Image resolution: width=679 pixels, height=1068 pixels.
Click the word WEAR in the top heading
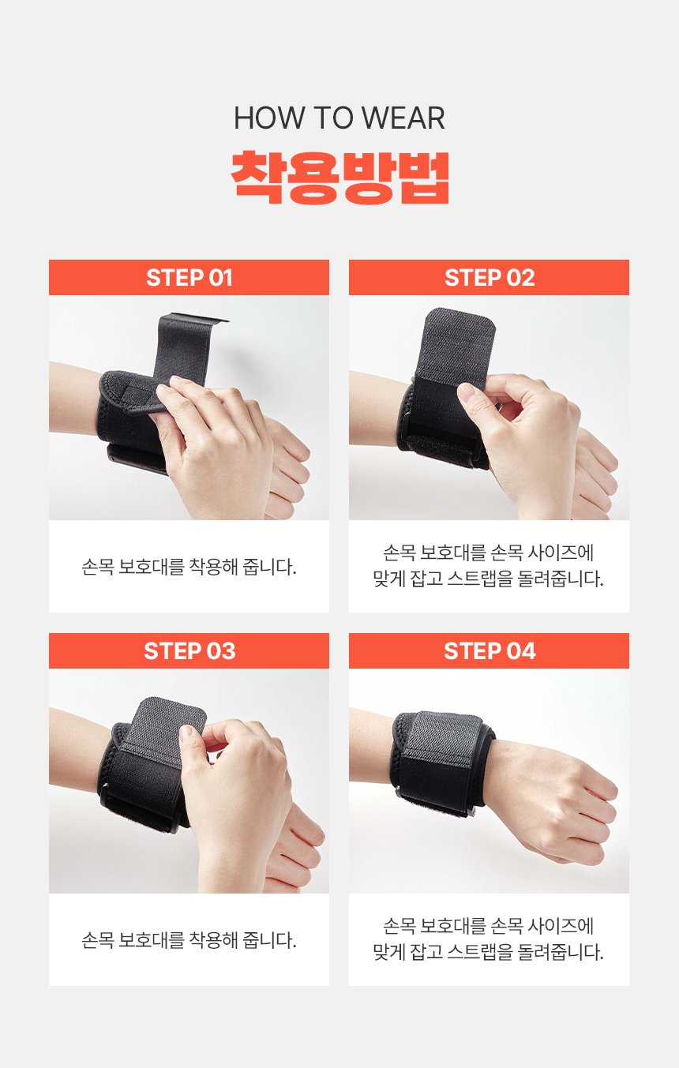coord(403,118)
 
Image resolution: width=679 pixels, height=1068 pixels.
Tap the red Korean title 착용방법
coord(340,178)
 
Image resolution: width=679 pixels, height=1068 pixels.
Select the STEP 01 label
coord(189,278)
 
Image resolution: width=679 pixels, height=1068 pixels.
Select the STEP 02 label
coord(490,278)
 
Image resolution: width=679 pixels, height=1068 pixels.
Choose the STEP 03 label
coord(189,650)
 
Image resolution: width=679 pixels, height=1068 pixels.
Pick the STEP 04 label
coord(490,650)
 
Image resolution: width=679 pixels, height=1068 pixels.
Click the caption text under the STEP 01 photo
coord(189,567)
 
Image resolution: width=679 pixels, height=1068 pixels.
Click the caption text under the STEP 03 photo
coord(189,940)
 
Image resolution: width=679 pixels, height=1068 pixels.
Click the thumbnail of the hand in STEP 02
coord(467,392)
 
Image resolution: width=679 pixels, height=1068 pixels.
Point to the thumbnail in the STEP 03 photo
coord(186,733)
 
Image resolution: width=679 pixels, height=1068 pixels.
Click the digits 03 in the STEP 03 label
coord(221,650)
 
